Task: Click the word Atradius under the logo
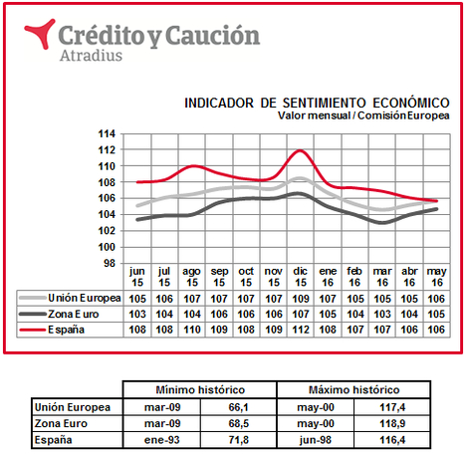coord(91,55)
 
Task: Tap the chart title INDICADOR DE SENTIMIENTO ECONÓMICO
coord(317,103)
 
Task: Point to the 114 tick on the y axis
coord(107,133)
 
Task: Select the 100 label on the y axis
coord(107,247)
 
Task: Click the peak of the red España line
coord(300,150)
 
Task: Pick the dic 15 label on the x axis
coord(300,277)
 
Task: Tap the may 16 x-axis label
coord(436,277)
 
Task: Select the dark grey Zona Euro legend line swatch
coord(33,314)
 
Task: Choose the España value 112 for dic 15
coord(301,330)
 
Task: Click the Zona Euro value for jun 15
coord(137,314)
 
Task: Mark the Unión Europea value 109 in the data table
coord(301,299)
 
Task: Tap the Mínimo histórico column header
coord(200,389)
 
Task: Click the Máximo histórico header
coord(353,389)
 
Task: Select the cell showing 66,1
coord(238,407)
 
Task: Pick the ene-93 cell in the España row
coord(162,440)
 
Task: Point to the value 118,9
coord(392,423)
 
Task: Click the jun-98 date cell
coord(315,440)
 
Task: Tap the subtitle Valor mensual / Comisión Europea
coord(363,115)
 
